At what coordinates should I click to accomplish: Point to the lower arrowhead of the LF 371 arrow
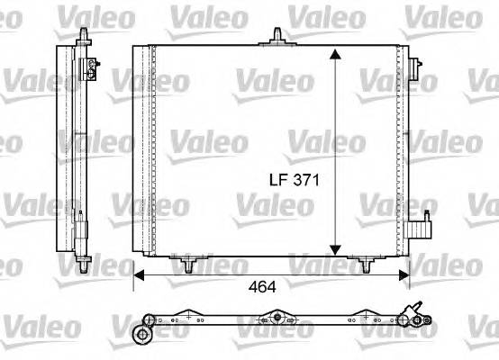[336, 250]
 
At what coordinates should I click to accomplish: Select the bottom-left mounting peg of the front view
[187, 265]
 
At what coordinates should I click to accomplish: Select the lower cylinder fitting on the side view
[84, 220]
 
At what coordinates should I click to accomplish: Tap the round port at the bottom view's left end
[141, 336]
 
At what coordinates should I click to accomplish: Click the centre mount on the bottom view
[276, 319]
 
